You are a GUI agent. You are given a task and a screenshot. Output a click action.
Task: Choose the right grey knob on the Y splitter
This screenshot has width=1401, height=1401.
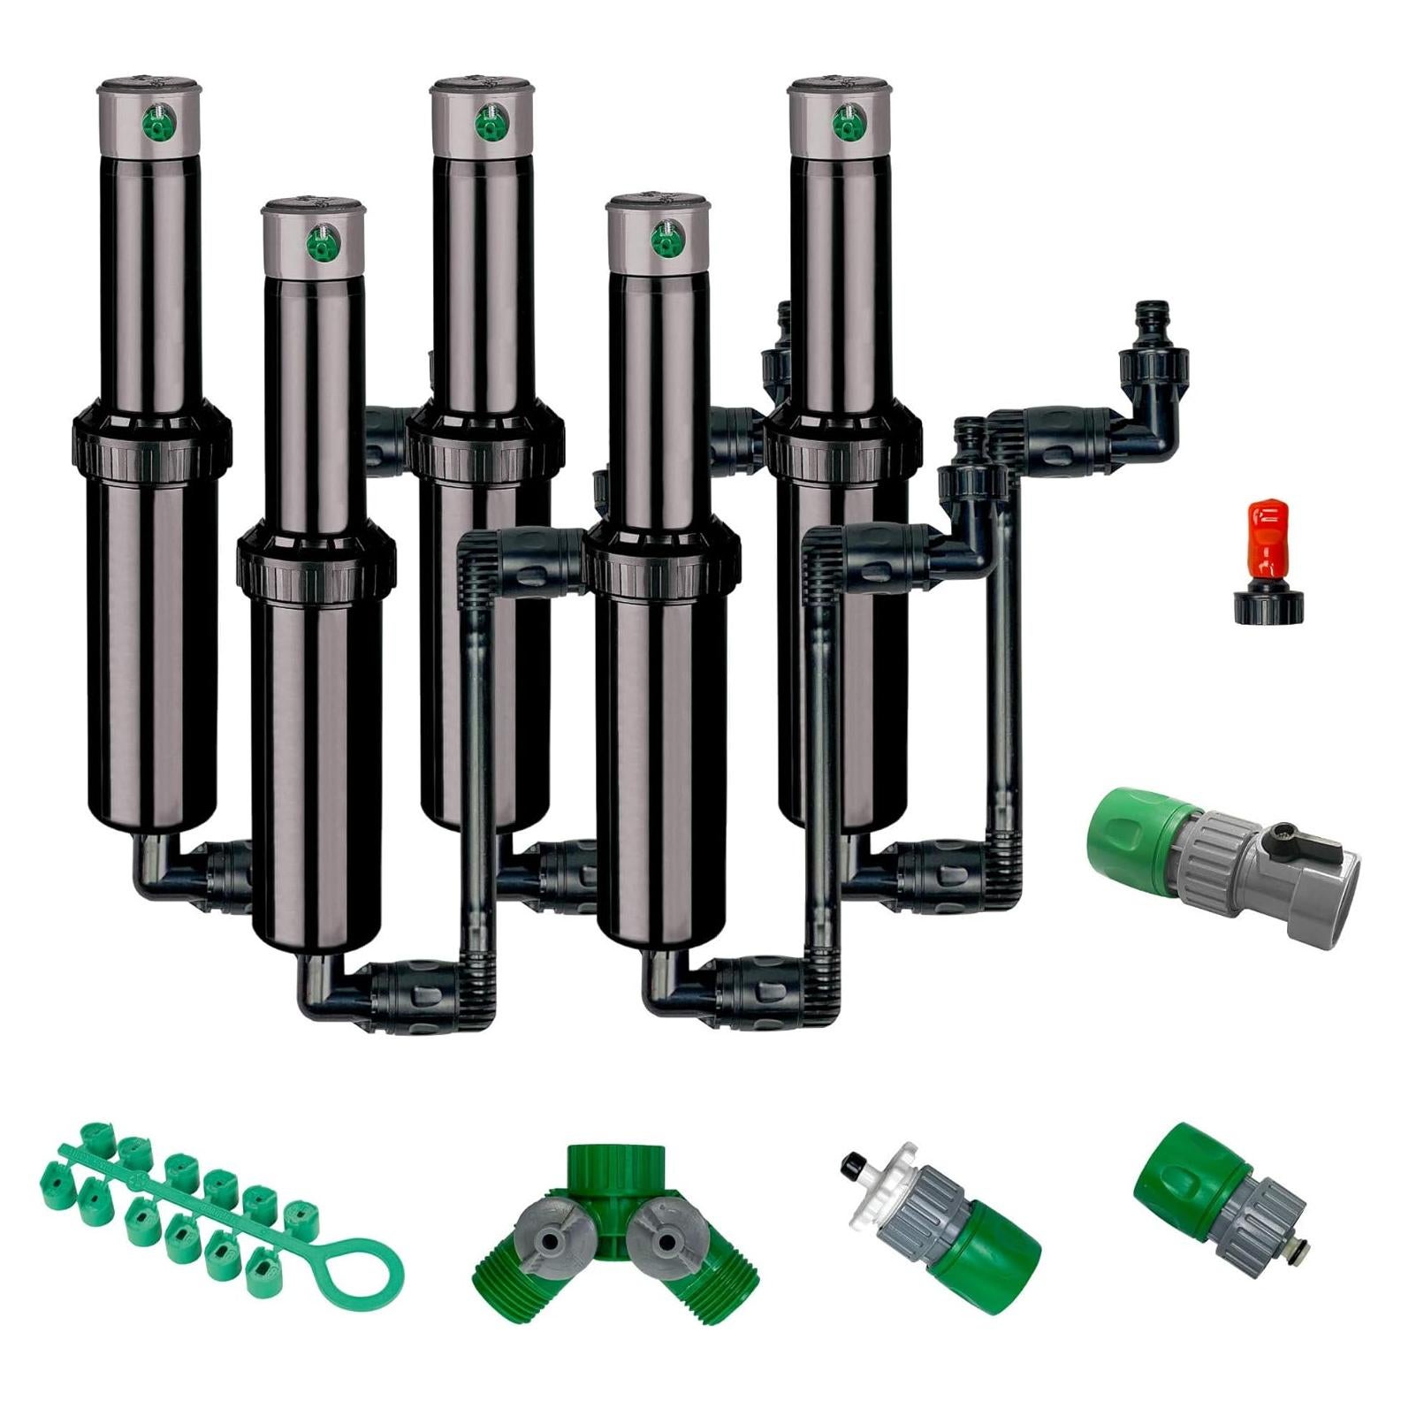[660, 1243]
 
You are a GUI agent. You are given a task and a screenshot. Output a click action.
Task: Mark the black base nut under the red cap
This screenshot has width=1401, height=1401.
[1266, 607]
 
